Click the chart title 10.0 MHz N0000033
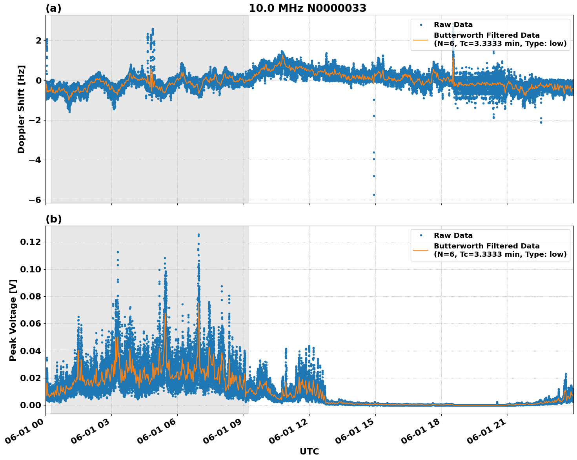pos(307,8)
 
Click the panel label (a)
pos(53,8)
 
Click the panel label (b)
pos(53,219)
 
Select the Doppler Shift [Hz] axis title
pos(21,109)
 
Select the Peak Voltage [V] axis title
pos(13,320)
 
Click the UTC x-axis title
pos(309,451)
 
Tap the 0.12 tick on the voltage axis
pos(30,242)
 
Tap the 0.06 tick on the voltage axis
pos(30,324)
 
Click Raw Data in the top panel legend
pos(453,25)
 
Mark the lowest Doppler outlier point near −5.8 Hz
pos(374,195)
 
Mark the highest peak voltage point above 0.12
pos(198,235)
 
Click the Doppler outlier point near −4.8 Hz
pos(374,176)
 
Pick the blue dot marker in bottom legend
pos(421,235)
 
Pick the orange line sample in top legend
pos(421,39)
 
